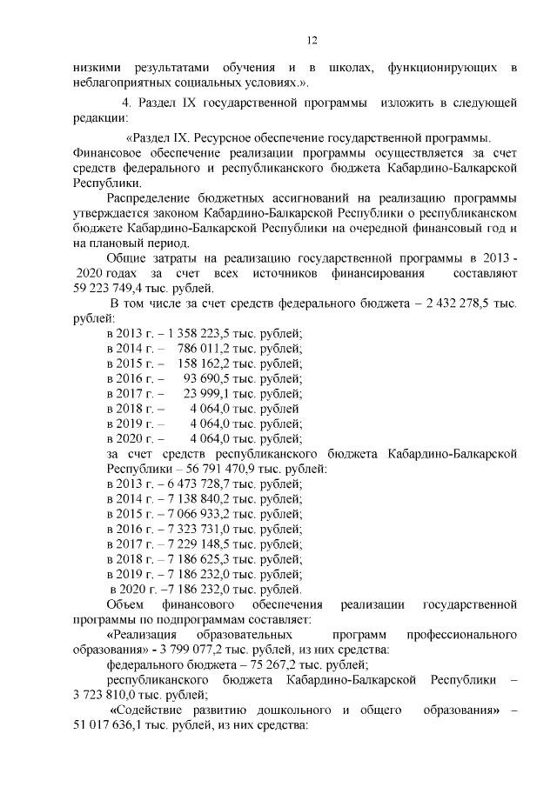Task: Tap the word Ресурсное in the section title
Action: coord(223,137)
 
